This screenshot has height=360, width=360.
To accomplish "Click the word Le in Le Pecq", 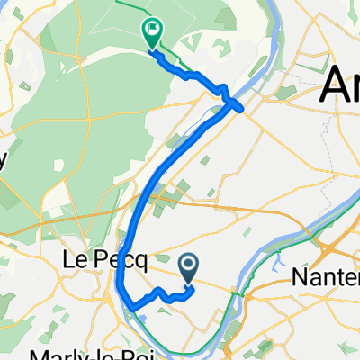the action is pyautogui.click(x=74, y=260).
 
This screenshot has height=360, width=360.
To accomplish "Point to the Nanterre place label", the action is pyautogui.click(x=326, y=278).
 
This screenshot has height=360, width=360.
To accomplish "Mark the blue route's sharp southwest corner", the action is pyautogui.click(x=131, y=308).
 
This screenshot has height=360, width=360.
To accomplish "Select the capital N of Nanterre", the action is pyautogui.click(x=300, y=278).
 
